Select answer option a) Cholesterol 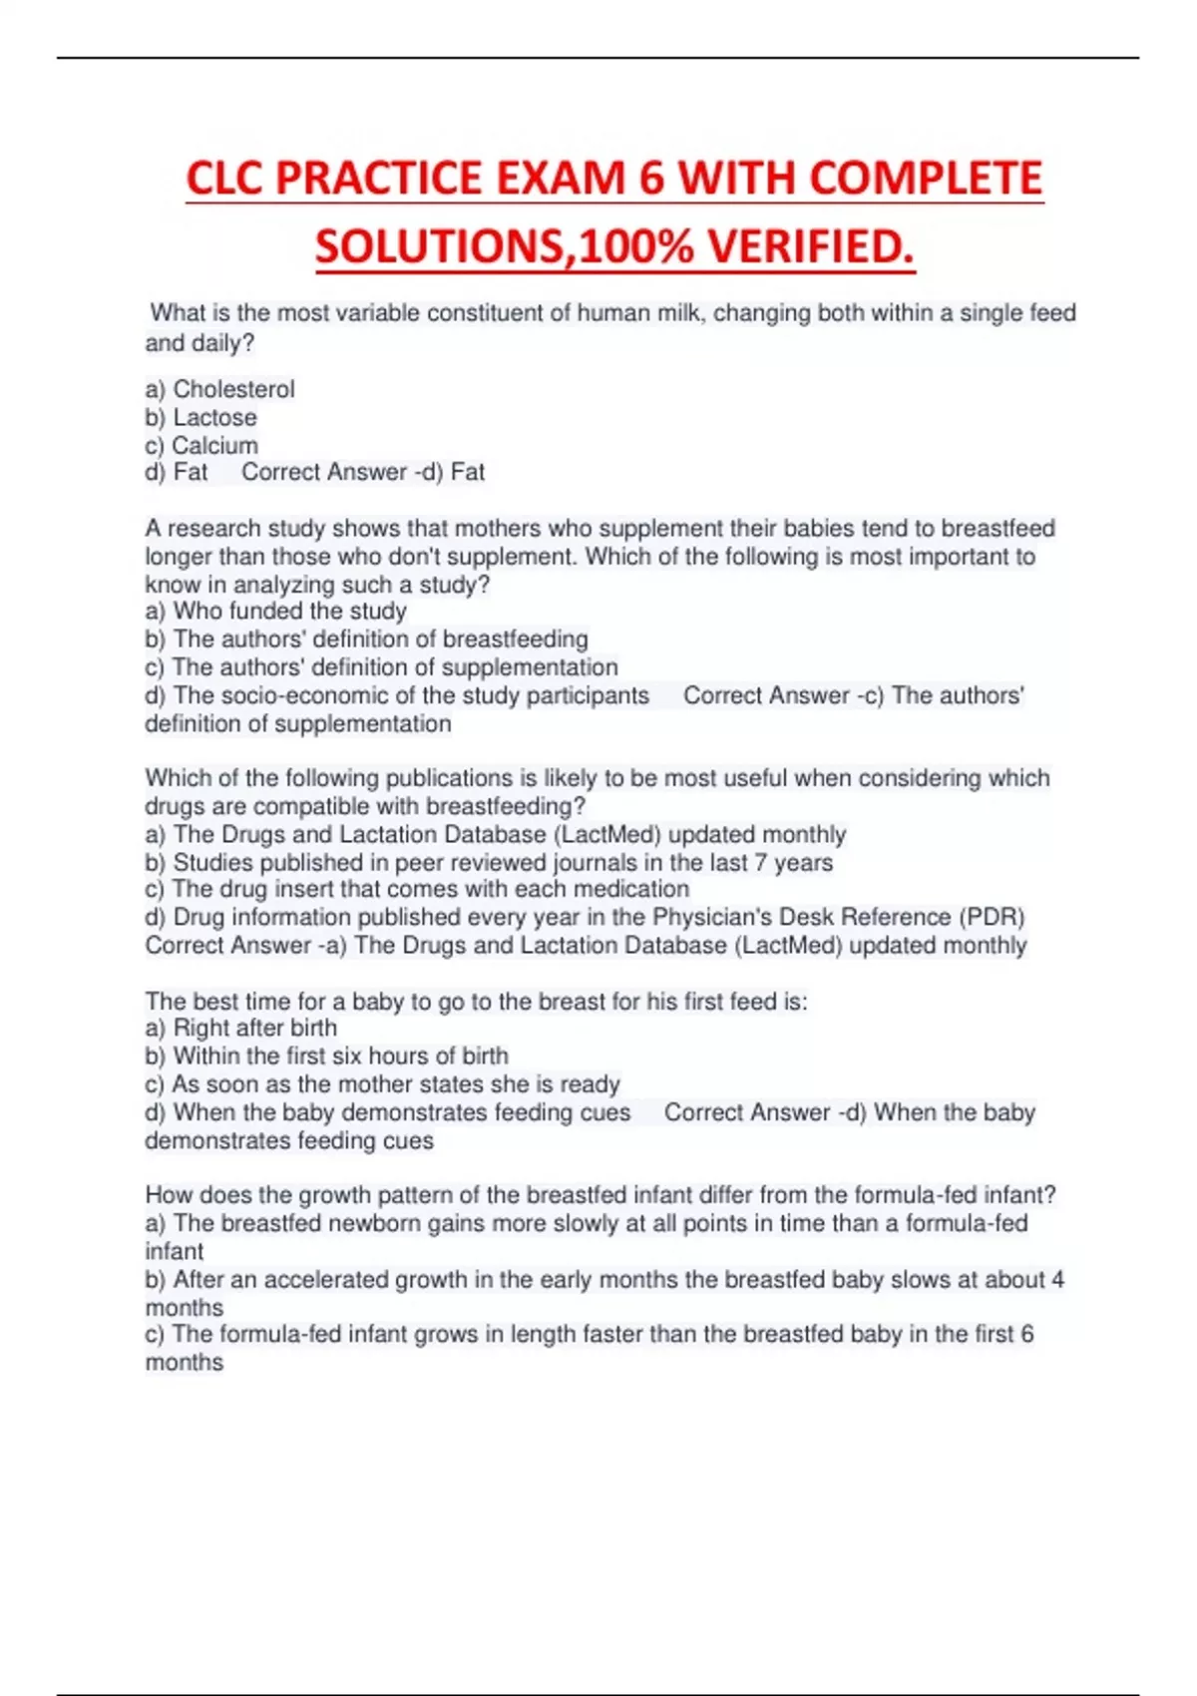[220, 389]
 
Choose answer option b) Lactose [201, 417]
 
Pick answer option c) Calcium [201, 445]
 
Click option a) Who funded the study [276, 611]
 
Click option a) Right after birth [241, 1028]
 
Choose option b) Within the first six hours [327, 1056]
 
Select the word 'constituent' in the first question [498, 313]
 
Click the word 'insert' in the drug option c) [304, 889]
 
